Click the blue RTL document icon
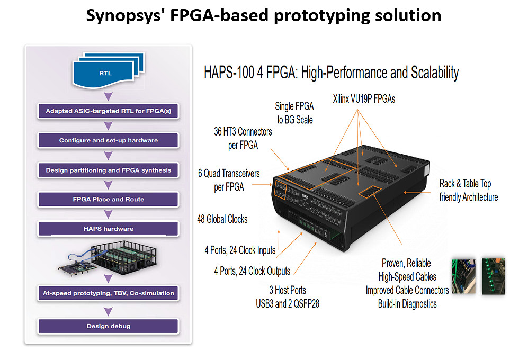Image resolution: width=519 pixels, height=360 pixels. (x=105, y=73)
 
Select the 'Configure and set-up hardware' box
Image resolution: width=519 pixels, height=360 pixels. (x=108, y=140)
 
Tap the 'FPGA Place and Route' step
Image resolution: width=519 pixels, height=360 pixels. (x=108, y=200)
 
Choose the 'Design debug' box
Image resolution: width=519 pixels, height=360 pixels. (x=108, y=326)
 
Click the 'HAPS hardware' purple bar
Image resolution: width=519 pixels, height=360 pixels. (x=108, y=229)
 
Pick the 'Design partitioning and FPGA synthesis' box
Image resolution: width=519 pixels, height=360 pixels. (x=108, y=170)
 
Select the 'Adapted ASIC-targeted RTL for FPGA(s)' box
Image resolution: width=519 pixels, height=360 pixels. (x=108, y=111)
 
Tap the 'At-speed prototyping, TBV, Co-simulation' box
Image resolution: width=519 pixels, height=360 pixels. (x=108, y=292)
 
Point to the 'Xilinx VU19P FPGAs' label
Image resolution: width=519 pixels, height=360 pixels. (x=364, y=98)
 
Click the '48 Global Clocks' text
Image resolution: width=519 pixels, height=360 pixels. (x=222, y=219)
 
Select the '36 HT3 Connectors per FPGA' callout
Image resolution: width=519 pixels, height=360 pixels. (x=243, y=138)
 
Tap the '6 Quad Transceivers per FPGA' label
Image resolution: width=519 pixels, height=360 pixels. (x=229, y=180)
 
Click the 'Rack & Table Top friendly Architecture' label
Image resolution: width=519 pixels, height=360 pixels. (x=468, y=190)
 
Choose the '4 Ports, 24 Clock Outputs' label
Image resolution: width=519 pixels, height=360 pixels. (x=252, y=271)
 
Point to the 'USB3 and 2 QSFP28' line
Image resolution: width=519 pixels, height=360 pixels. (x=288, y=303)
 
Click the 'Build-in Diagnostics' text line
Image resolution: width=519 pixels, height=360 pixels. (x=407, y=303)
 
